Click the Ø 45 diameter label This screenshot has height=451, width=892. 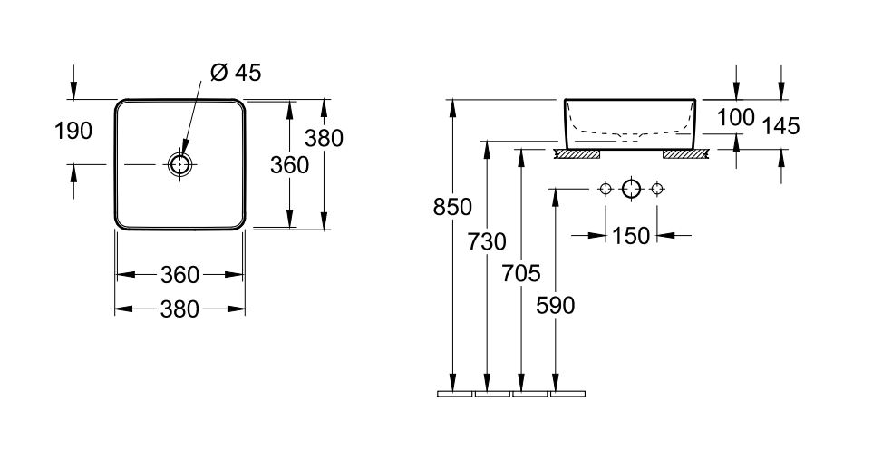[235, 74]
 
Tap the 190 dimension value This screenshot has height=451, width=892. [73, 131]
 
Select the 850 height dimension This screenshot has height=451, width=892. [453, 208]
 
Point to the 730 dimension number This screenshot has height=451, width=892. [488, 241]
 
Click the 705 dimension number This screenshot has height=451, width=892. [520, 273]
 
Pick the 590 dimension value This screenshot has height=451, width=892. [555, 306]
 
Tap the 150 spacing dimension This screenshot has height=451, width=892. [630, 236]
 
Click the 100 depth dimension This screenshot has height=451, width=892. [735, 117]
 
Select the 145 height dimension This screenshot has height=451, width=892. [780, 126]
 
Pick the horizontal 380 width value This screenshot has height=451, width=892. [179, 309]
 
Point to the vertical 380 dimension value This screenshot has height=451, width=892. [324, 138]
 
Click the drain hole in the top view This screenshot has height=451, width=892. [179, 164]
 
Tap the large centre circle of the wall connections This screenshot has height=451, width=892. [631, 190]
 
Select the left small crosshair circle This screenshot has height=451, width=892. [606, 190]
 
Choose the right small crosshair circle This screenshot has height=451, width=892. [655, 190]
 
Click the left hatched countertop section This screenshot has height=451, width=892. [576, 154]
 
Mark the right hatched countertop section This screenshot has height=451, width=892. [686, 154]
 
